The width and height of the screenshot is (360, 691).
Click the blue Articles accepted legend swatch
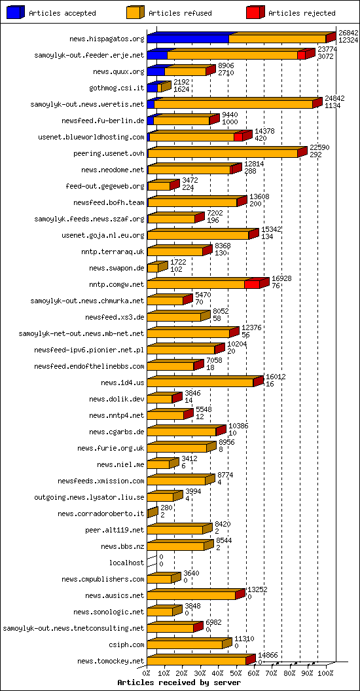[x=16, y=12]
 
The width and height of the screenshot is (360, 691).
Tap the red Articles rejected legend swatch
[x=255, y=12]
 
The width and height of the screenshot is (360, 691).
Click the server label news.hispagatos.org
[x=109, y=39]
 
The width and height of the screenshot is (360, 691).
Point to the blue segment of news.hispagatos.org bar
[x=187, y=39]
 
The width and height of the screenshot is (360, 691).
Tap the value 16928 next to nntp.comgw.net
[x=281, y=278]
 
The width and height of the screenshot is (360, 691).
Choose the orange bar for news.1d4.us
[x=200, y=383]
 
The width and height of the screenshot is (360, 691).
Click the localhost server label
[x=126, y=563]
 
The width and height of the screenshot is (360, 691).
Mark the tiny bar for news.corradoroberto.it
[x=151, y=513]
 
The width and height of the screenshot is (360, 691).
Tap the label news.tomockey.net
[x=111, y=661]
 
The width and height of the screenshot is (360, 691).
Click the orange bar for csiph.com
[x=185, y=644]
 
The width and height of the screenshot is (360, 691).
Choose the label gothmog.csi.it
[x=117, y=88]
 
